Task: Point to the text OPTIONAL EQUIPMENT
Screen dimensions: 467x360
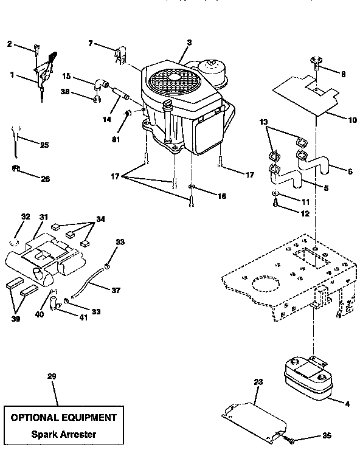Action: (63, 418)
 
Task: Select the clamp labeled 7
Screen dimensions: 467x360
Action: (120, 54)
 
